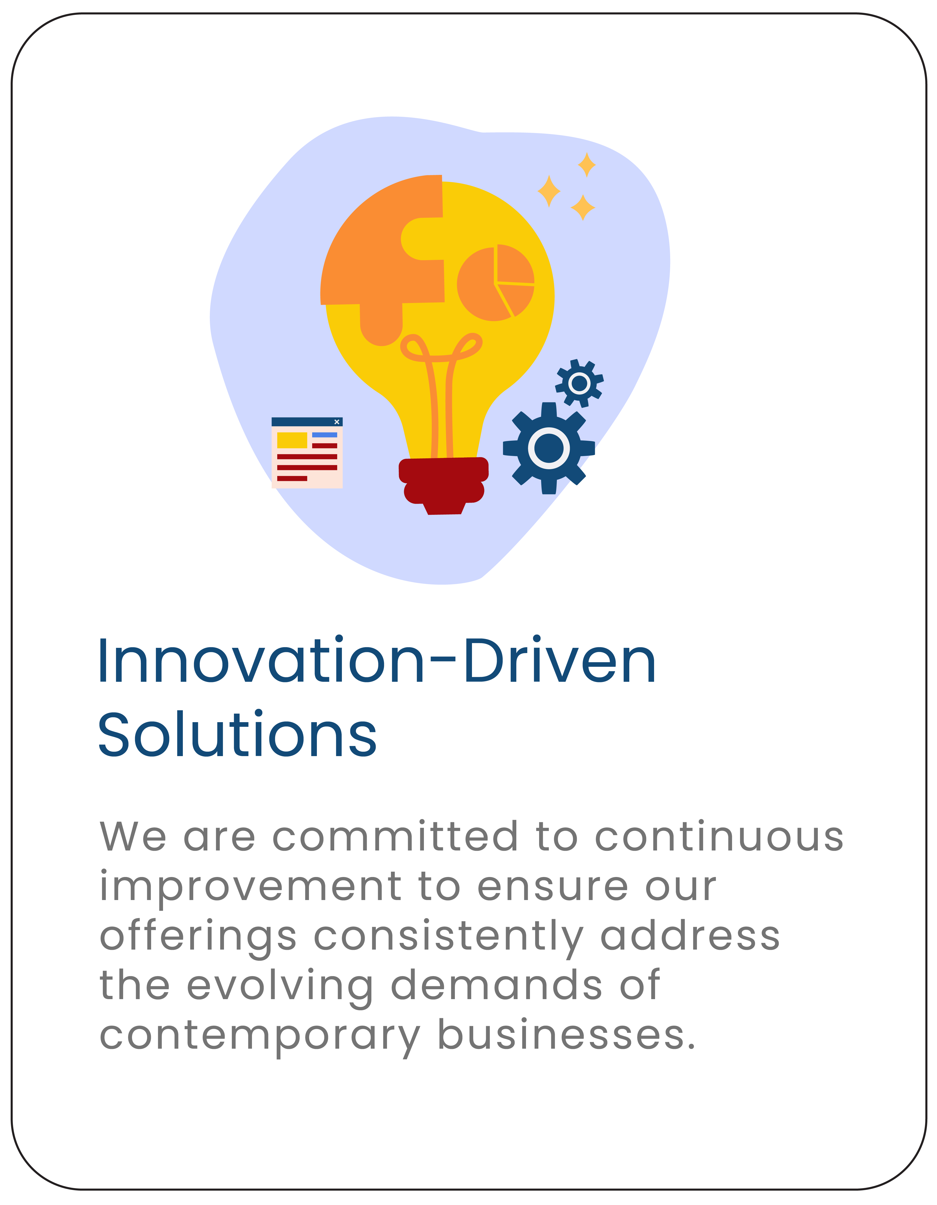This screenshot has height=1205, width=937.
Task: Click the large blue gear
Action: (x=549, y=448)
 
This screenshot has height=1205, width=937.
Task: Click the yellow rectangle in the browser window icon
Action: (x=292, y=440)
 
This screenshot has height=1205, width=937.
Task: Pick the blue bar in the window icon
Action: (x=325, y=435)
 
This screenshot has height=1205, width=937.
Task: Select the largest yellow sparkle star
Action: (x=549, y=192)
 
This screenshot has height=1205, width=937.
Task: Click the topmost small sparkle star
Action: (x=587, y=164)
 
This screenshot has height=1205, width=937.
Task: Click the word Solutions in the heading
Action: (x=237, y=734)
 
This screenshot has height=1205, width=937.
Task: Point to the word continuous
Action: (x=719, y=836)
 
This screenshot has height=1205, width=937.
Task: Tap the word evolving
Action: (x=280, y=986)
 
